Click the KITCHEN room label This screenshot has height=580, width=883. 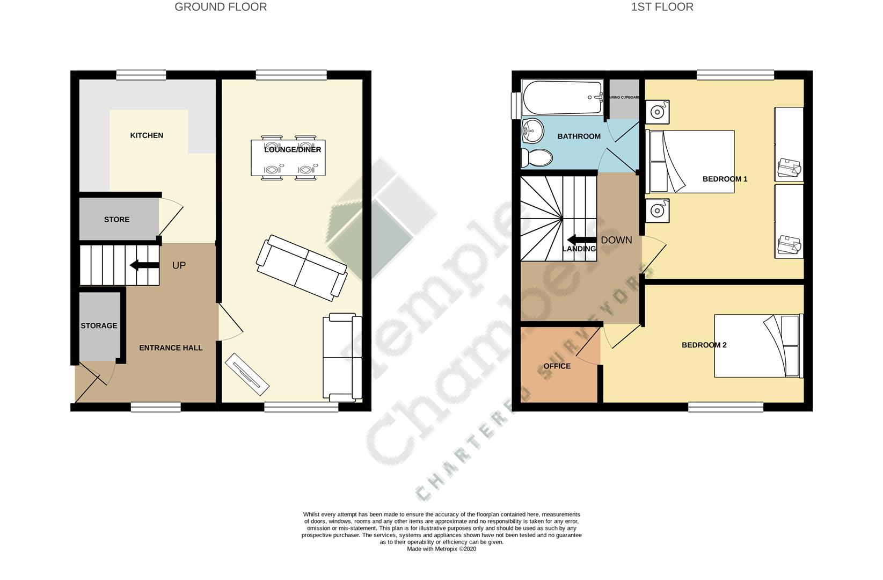[x=147, y=135]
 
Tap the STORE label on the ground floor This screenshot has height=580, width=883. [x=116, y=219]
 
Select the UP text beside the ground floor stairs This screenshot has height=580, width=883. [x=179, y=265]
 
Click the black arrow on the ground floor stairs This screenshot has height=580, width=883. [x=144, y=265]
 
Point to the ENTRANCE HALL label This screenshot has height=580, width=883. [x=171, y=348]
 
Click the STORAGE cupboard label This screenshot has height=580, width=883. [x=99, y=325]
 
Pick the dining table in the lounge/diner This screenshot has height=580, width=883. [x=288, y=158]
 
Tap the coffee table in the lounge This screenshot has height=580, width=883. [x=247, y=371]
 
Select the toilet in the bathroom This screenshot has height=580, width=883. [x=536, y=158]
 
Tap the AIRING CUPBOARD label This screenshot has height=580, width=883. [x=623, y=98]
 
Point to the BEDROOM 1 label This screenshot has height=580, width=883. [x=725, y=179]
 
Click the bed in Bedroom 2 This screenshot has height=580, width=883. [x=758, y=345]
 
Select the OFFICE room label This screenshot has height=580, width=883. [x=557, y=366]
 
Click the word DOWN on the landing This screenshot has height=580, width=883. [x=616, y=240]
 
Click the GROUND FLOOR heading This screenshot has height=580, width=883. [x=221, y=7]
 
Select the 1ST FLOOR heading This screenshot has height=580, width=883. [x=662, y=7]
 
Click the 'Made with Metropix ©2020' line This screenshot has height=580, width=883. [x=441, y=549]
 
